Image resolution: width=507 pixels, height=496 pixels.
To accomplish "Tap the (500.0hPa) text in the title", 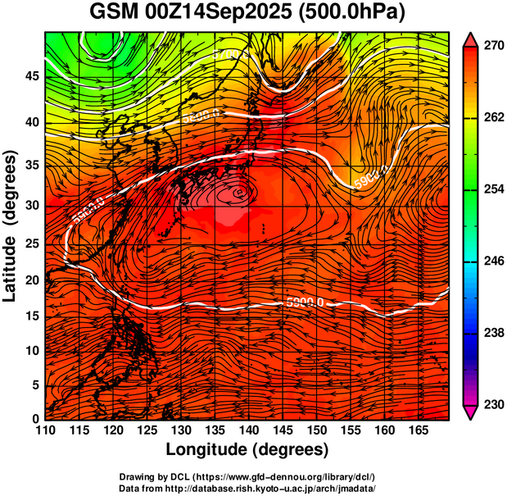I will click(x=357, y=14).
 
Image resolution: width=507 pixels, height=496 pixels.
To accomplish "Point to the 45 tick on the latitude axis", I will click(x=32, y=76).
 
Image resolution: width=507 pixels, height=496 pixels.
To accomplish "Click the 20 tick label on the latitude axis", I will click(x=32, y=280).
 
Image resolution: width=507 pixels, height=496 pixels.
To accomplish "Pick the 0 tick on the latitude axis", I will click(x=35, y=418).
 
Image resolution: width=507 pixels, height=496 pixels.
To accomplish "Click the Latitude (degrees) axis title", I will click(x=11, y=225).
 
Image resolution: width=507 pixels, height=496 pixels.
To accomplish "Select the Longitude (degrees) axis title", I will click(x=247, y=449).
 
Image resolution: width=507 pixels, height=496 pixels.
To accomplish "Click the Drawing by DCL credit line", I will click(x=247, y=476).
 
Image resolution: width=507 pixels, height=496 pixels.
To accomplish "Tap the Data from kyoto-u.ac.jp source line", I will click(x=247, y=488).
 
